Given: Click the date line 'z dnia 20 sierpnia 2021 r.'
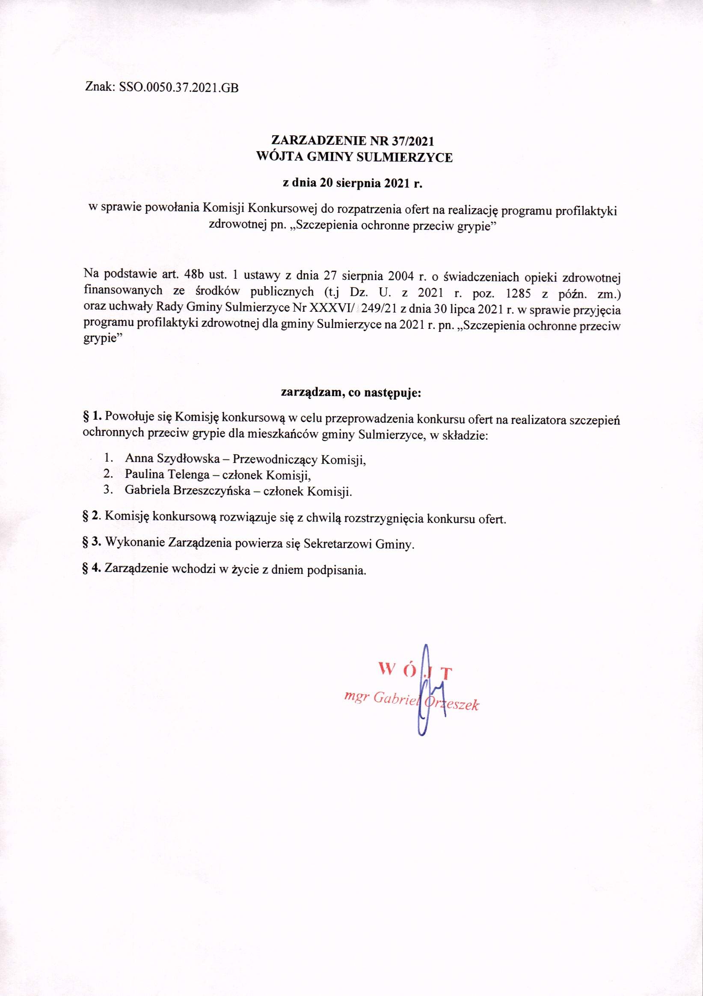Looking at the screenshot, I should click(352, 183).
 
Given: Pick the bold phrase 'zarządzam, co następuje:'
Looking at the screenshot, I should click(352, 394).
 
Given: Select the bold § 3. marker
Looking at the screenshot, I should click(92, 543).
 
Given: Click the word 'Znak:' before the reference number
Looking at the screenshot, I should click(100, 89).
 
